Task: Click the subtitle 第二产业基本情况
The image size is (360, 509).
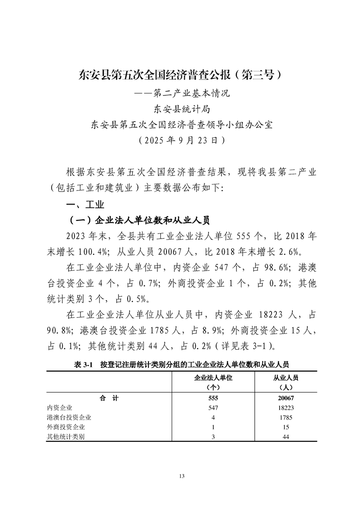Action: point(180,94)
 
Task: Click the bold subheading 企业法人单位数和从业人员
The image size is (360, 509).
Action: point(138,220)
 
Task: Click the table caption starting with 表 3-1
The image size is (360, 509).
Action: point(180,364)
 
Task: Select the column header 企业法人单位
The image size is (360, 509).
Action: point(213,377)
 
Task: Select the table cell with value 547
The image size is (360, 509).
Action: point(213,408)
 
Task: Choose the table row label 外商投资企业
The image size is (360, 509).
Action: point(66,427)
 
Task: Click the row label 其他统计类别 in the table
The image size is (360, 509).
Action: point(66,437)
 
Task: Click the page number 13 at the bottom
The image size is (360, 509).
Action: point(181,476)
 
